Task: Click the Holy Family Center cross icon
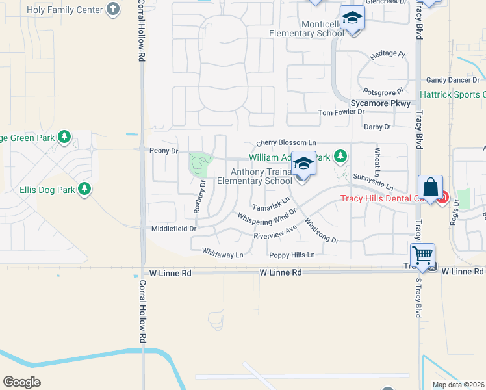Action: (114, 10)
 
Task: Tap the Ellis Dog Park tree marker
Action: (84, 189)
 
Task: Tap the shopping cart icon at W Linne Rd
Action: (423, 255)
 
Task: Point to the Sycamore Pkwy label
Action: (380, 103)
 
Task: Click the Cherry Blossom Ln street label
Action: (286, 143)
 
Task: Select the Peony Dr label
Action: (164, 151)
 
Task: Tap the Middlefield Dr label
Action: (173, 229)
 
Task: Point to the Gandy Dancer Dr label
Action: (453, 80)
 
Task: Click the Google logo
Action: (21, 382)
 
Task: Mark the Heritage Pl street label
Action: (388, 57)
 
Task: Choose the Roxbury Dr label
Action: (199, 197)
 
